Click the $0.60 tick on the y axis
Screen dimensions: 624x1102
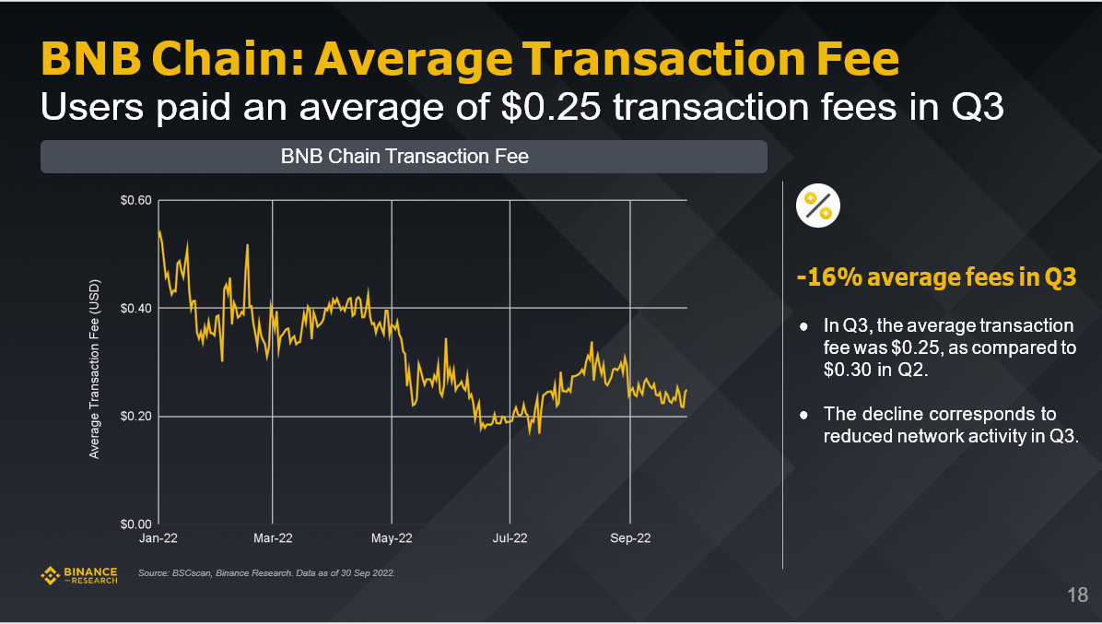pos(135,201)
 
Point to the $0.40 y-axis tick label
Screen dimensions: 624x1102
pos(135,308)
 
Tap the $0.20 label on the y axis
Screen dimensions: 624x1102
pos(135,417)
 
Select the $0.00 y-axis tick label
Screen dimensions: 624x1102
pos(135,524)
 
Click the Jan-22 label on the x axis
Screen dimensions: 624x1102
pos(158,538)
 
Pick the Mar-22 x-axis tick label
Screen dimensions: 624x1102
pos(273,538)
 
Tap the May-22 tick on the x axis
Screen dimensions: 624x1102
pos(392,538)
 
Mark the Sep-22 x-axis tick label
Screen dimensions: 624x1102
pos(630,538)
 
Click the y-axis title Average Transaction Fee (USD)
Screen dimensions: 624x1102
pos(95,369)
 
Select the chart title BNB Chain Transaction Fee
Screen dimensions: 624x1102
pos(404,157)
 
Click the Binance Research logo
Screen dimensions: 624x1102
pos(80,576)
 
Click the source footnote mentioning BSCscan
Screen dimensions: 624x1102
pos(265,574)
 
